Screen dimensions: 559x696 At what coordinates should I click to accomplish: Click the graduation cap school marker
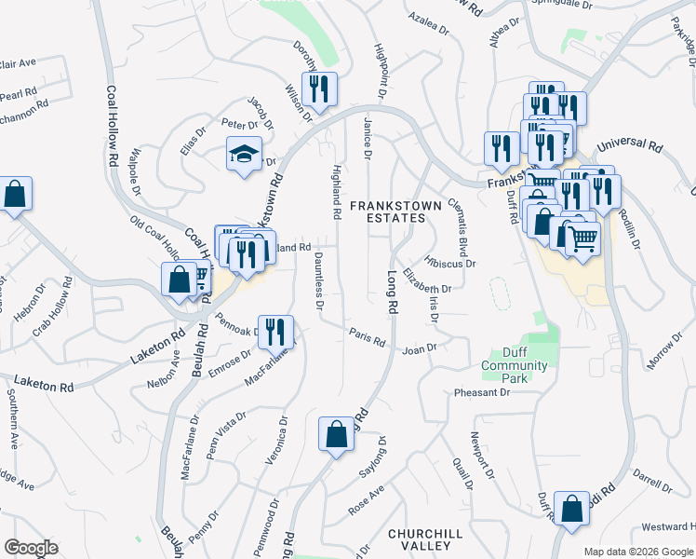[x=244, y=154]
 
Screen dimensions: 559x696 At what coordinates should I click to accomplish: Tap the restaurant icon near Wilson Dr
[x=319, y=89]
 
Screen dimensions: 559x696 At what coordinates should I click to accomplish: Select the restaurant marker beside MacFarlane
[x=275, y=332]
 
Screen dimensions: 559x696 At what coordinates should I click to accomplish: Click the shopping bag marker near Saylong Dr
[x=336, y=434]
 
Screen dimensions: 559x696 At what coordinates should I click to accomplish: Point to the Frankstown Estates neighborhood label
[x=387, y=211]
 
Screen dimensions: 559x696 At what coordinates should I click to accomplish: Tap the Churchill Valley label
[x=425, y=539]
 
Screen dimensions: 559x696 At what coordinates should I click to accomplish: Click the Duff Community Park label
[x=515, y=365]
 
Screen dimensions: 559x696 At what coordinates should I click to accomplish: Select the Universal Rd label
[x=629, y=146]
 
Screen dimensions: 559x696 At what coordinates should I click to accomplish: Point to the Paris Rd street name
[x=367, y=335]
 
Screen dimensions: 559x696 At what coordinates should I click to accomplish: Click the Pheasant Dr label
[x=482, y=393]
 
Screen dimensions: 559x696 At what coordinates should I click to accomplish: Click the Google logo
[x=31, y=548]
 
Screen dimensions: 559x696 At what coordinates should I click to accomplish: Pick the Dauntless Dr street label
[x=318, y=280]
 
